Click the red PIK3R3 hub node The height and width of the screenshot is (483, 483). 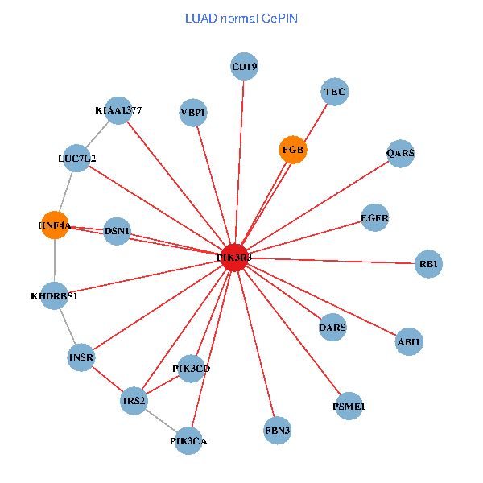coord(234,258)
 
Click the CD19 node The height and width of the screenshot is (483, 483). coord(245,67)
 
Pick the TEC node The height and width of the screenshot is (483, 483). coord(334,92)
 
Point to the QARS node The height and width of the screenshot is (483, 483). coord(400,153)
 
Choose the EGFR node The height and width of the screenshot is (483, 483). coord(375,217)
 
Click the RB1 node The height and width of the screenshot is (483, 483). coord(429,264)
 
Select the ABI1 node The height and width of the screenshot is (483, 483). coord(409,342)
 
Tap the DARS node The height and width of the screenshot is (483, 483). coord(332,327)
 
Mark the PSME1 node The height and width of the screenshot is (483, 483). coord(349,407)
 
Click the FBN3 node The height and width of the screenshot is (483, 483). coord(278,431)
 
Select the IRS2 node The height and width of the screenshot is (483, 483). coord(134,400)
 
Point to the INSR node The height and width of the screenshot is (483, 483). coord(81,357)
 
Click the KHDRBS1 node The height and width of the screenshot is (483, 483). coord(55,296)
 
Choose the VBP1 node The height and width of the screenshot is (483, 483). coord(193,113)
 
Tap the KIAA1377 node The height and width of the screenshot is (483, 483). coord(118,110)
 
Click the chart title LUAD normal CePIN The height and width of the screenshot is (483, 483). coord(242,19)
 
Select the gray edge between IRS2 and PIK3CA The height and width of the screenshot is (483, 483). coord(161,420)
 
